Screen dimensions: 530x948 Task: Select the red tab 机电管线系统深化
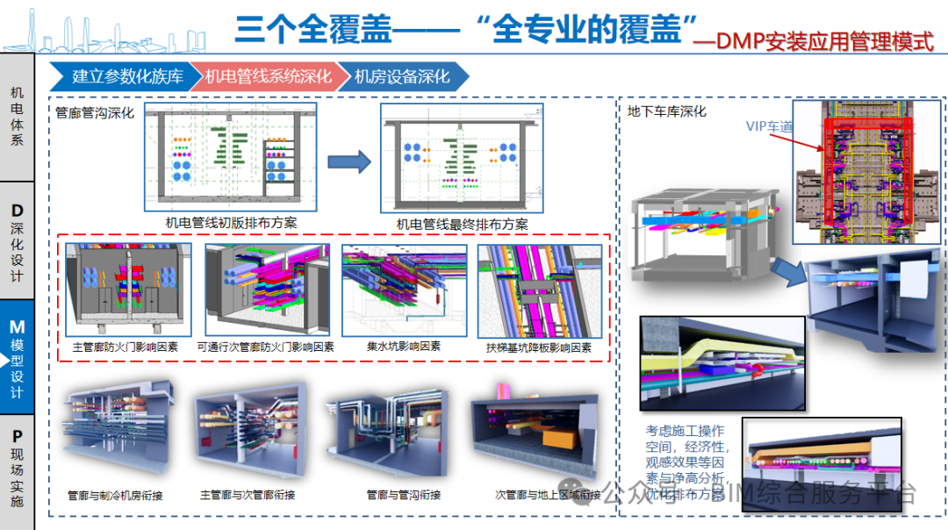click(x=268, y=76)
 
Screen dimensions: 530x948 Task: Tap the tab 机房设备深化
click(x=401, y=76)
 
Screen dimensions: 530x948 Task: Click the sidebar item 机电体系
click(x=17, y=115)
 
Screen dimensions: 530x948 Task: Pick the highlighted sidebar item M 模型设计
click(x=17, y=360)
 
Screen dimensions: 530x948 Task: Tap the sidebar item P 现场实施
click(x=17, y=469)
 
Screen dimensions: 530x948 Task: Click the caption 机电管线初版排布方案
click(x=231, y=223)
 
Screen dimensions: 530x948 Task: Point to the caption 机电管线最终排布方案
click(x=462, y=224)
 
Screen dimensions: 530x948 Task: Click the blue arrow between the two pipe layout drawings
click(x=349, y=161)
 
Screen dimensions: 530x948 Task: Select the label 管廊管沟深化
click(x=95, y=112)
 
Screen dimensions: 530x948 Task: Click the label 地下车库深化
click(x=667, y=111)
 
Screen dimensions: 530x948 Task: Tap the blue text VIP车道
click(x=769, y=126)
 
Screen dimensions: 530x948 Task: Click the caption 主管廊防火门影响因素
click(x=123, y=347)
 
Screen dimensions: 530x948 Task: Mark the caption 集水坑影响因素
click(x=404, y=347)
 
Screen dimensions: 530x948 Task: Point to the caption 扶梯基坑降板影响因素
click(x=538, y=347)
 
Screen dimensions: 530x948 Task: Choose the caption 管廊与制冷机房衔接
click(x=115, y=495)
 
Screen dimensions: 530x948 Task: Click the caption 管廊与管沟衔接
click(x=403, y=495)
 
